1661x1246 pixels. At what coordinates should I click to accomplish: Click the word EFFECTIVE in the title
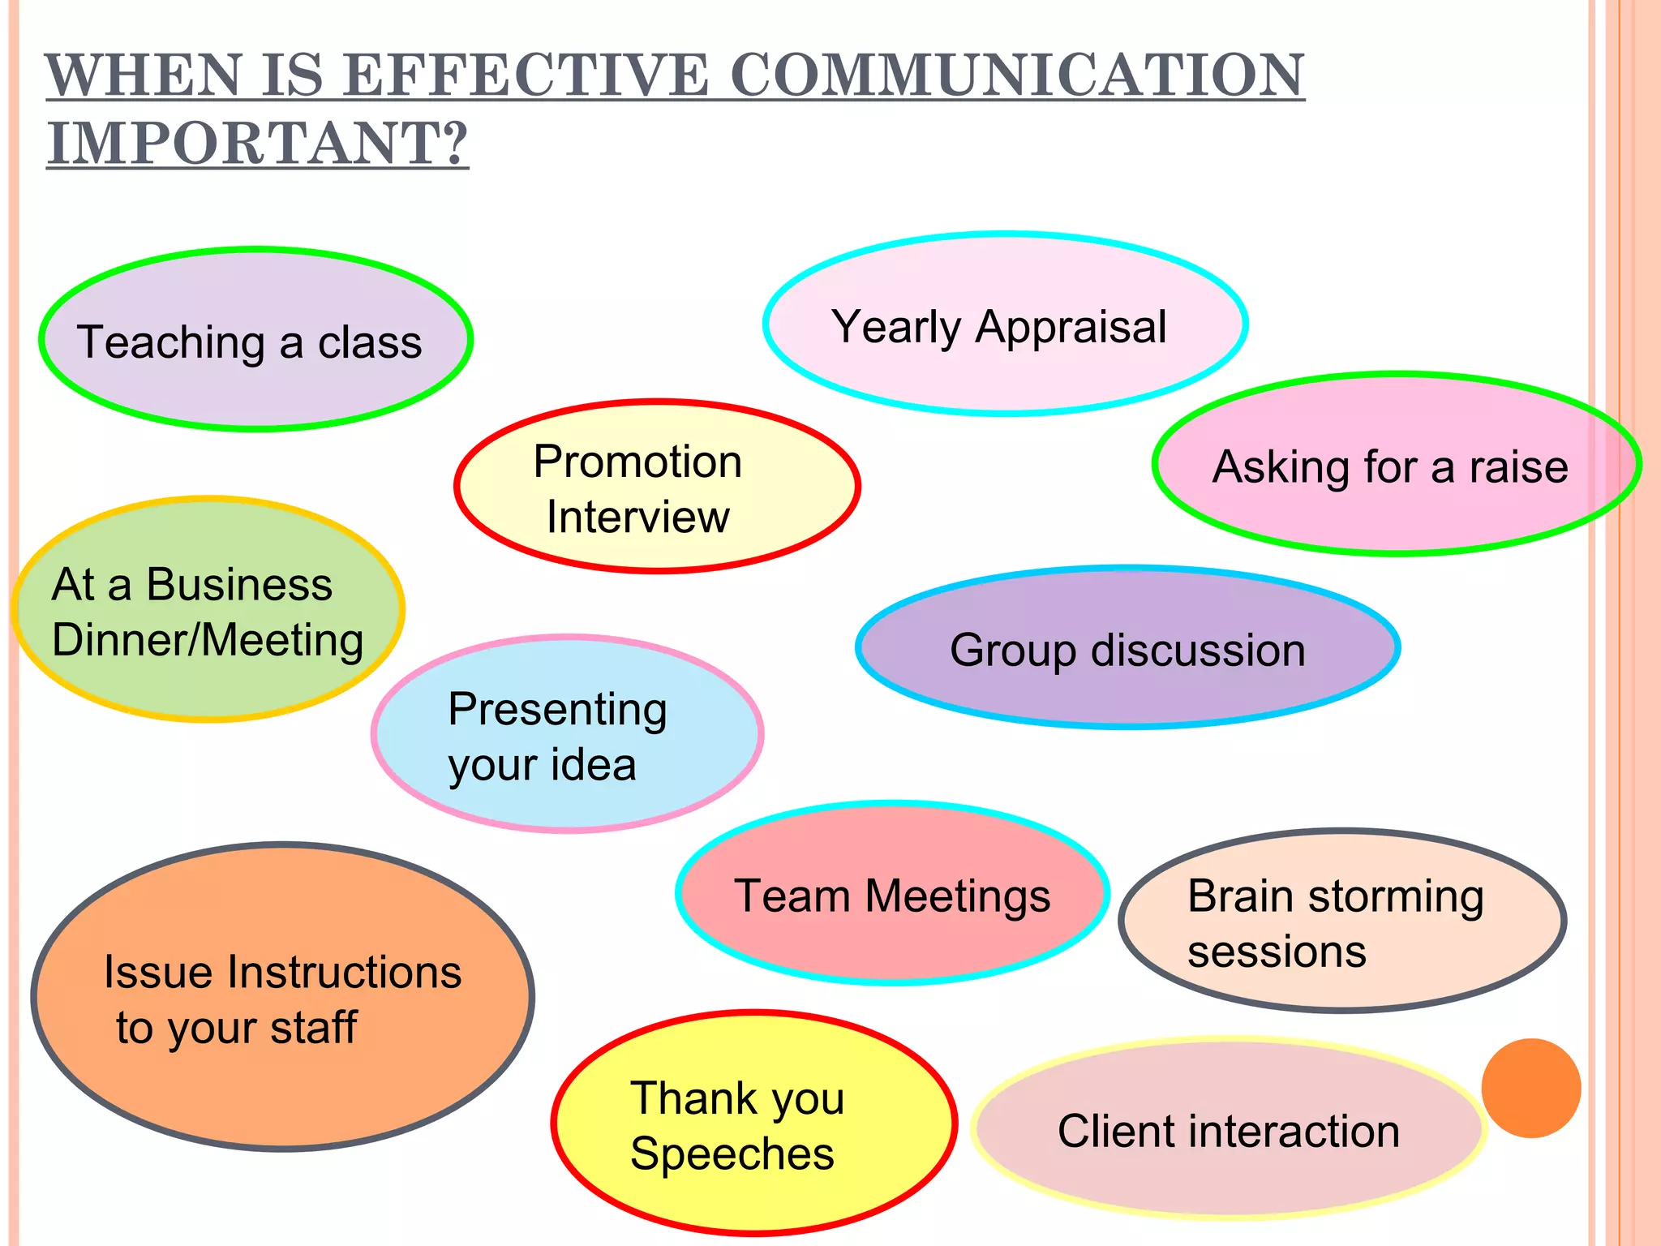pyautogui.click(x=525, y=75)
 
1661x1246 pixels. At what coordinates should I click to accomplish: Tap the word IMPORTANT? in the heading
pyautogui.click(x=258, y=143)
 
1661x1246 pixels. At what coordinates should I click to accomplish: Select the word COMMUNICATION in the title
pyautogui.click(x=1017, y=75)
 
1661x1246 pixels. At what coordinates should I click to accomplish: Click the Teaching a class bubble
pyautogui.click(x=255, y=338)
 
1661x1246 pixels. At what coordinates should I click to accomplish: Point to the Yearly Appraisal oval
pyautogui.click(x=1004, y=324)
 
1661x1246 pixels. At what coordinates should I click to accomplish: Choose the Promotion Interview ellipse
pyautogui.click(x=657, y=487)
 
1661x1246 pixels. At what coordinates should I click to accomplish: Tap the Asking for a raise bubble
pyautogui.click(x=1395, y=464)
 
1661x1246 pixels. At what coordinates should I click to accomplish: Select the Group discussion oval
pyautogui.click(x=1127, y=647)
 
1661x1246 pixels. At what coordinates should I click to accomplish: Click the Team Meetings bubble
pyautogui.click(x=892, y=893)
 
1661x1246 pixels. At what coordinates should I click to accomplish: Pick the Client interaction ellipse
pyautogui.click(x=1229, y=1129)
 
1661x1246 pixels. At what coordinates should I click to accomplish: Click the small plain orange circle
pyautogui.click(x=1530, y=1088)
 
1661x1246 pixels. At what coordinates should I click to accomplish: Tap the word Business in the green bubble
pyautogui.click(x=239, y=584)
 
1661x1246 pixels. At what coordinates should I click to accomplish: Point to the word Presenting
pyautogui.click(x=558, y=710)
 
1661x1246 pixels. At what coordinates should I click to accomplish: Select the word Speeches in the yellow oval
pyautogui.click(x=732, y=1154)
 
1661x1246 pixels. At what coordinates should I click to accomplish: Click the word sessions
pyautogui.click(x=1277, y=951)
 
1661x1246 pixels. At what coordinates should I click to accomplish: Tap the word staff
pyautogui.click(x=313, y=1027)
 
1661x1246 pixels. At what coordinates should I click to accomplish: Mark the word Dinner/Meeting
pyautogui.click(x=208, y=639)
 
